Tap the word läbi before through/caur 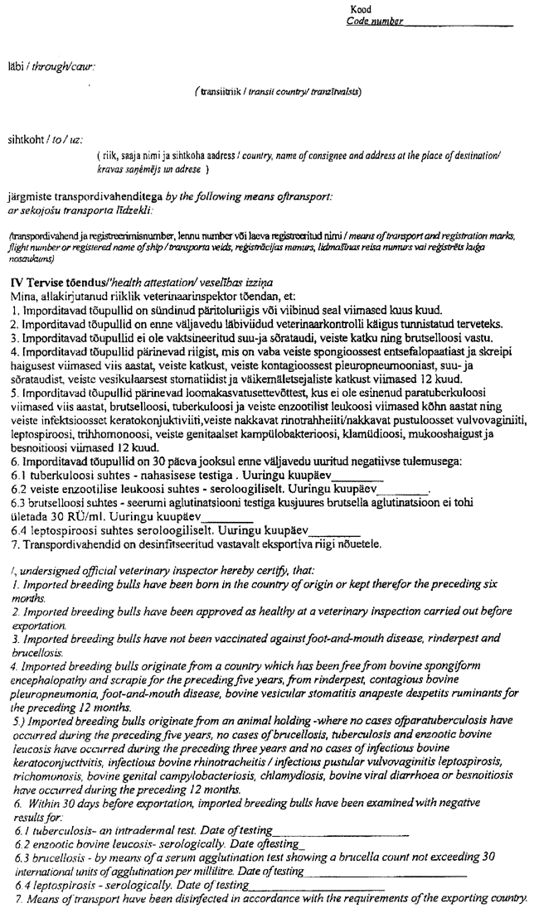click(16, 65)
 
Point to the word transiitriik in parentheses click(218, 92)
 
